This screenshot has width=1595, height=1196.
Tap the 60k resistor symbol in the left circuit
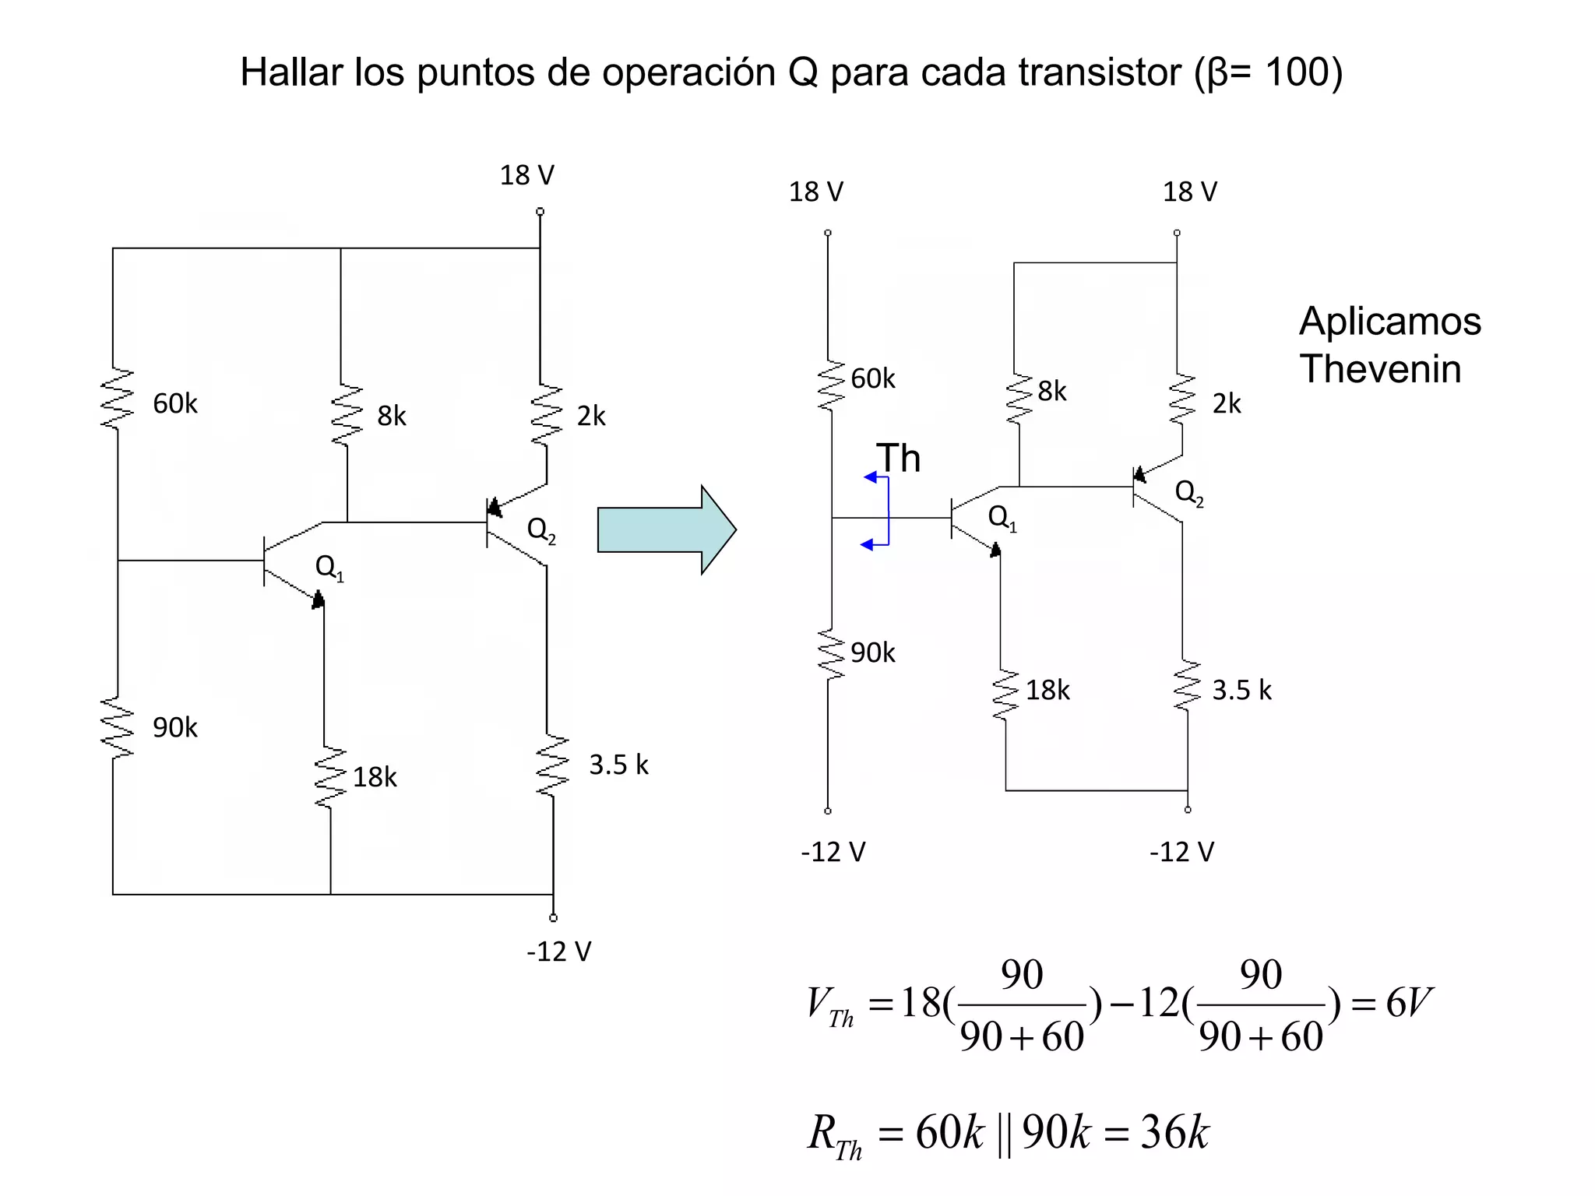(118, 399)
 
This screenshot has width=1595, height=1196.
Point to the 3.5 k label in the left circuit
(618, 765)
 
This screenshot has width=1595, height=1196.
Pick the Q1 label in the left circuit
(329, 567)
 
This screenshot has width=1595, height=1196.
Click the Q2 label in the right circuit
(1188, 492)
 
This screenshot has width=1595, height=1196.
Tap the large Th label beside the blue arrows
(898, 458)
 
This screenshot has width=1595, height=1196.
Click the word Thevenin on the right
(1380, 368)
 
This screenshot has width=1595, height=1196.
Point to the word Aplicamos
(1389, 321)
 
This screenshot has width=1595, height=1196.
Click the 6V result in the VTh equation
(1408, 1002)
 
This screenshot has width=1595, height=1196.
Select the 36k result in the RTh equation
(1174, 1132)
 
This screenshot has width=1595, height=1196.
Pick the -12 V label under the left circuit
(559, 952)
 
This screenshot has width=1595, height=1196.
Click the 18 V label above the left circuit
(527, 175)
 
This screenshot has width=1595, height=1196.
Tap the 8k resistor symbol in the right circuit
(1018, 399)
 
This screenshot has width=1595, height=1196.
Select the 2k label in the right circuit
(1227, 403)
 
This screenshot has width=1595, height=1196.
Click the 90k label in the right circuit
(872, 653)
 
